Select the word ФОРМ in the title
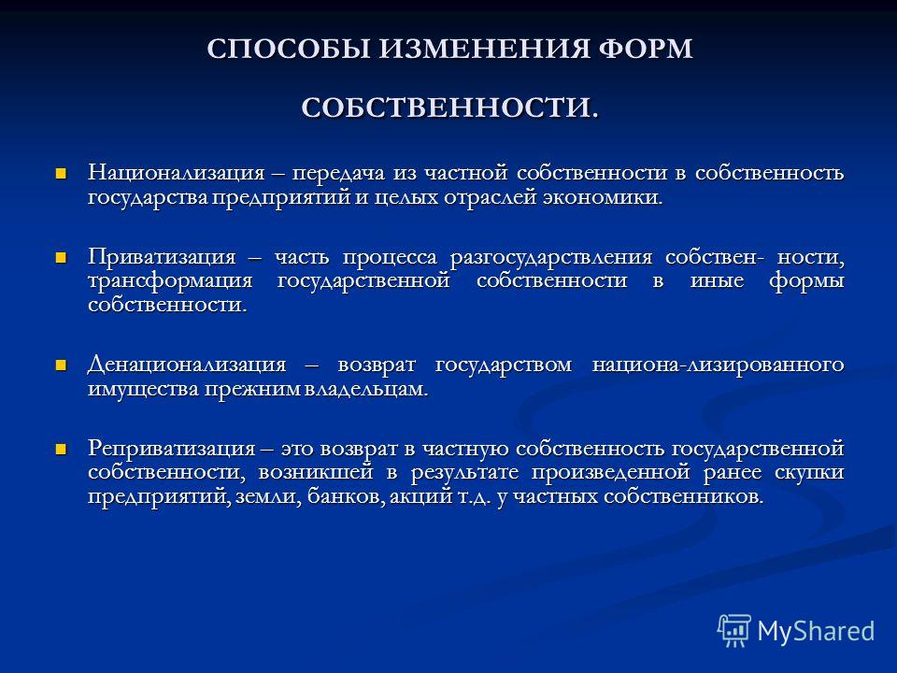646,49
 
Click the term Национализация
177,173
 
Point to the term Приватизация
162,257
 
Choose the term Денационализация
187,364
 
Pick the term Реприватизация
172,448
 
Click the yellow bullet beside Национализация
61,173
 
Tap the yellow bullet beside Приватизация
61,258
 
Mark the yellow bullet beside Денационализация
61,365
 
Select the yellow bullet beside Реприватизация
61,449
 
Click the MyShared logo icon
734,631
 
